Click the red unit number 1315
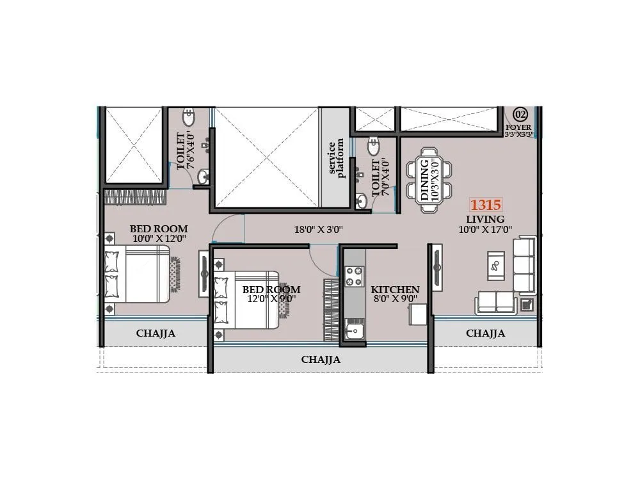coord(486,205)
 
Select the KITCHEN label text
coord(395,290)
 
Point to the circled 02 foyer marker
coord(520,115)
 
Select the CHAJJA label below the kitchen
coord(321,360)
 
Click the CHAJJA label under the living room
coord(485,333)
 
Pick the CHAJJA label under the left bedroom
coord(156,333)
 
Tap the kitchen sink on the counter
coord(353,330)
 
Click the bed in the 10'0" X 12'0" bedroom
coord(138,273)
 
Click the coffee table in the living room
coord(495,265)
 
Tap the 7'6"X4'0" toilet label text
coord(185,151)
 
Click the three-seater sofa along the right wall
coord(524,264)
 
